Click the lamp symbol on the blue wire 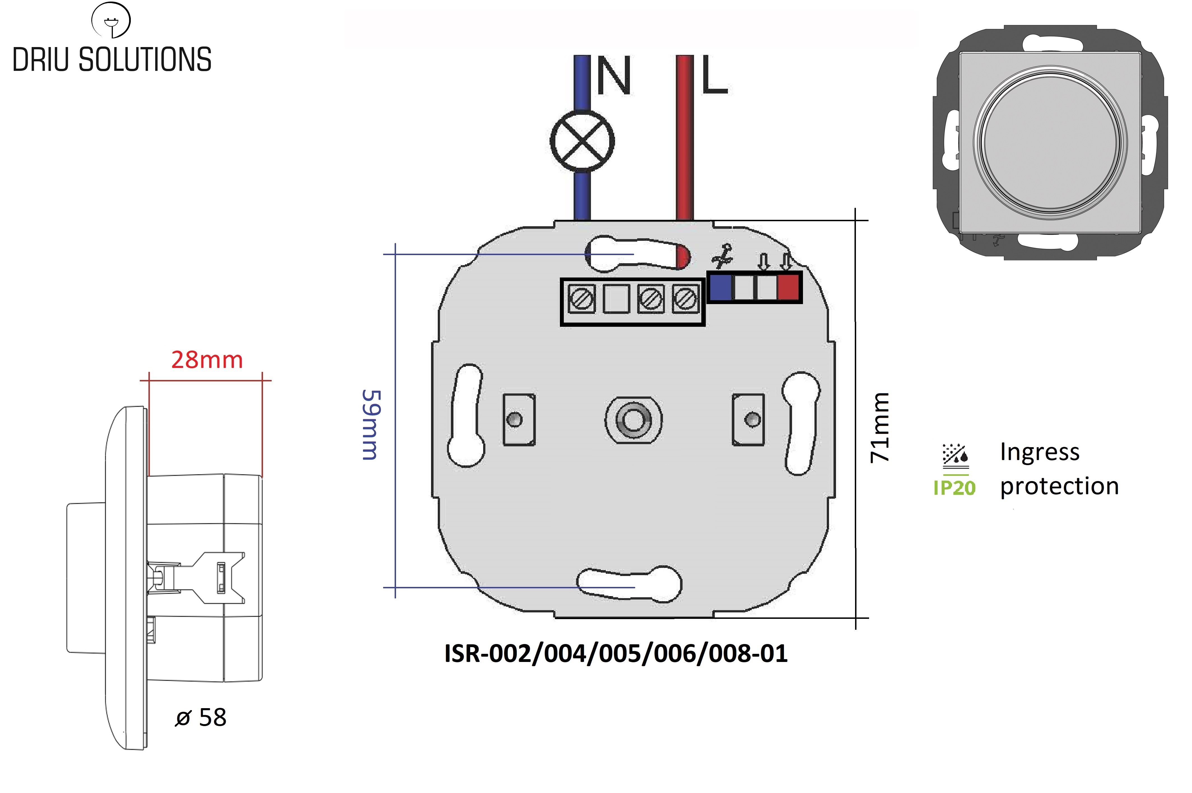coord(582,141)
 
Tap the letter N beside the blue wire coord(613,76)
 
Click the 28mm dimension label coord(207,360)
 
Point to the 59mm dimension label coord(371,425)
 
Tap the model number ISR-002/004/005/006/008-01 coord(616,654)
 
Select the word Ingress coord(1039,452)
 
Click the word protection coord(1059,486)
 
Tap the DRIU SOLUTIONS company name coord(112,60)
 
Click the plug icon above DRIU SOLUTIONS coord(111,20)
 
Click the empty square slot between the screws coord(616,299)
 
